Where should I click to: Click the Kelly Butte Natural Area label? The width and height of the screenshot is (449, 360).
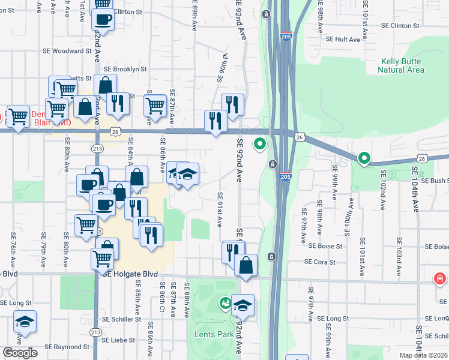point(400,66)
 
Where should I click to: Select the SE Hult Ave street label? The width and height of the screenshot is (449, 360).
point(343,39)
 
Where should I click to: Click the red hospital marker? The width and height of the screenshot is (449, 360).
point(440,279)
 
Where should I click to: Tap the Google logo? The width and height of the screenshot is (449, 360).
point(20,353)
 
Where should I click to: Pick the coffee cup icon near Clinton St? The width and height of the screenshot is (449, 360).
point(103,19)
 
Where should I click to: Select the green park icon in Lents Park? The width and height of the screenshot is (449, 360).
point(226,303)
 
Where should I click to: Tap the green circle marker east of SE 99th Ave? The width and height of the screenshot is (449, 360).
point(364,158)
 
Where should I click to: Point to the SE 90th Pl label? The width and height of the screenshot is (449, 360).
point(220,68)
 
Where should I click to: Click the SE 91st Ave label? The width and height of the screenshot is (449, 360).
point(220,209)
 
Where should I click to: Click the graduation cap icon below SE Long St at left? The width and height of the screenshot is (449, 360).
point(25,321)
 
